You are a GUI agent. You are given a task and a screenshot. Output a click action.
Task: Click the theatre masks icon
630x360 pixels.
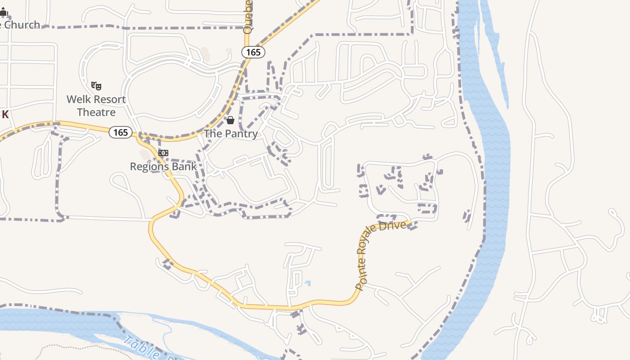click(x=96, y=85)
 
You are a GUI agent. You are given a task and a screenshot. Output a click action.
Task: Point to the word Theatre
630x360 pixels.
click(x=96, y=112)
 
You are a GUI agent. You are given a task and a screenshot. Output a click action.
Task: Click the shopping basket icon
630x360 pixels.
click(x=230, y=120)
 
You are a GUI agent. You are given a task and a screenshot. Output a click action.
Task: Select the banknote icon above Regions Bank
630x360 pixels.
click(x=163, y=153)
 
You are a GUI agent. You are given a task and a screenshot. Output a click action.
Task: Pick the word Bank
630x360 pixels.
click(x=185, y=166)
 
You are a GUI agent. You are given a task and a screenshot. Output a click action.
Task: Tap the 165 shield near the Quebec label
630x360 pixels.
click(x=253, y=52)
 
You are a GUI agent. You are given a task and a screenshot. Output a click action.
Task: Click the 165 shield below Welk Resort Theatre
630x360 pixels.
click(x=121, y=132)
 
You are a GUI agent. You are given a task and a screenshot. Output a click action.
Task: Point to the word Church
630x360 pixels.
click(x=22, y=25)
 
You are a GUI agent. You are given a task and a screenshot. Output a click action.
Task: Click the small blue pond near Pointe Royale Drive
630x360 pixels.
click(x=307, y=283)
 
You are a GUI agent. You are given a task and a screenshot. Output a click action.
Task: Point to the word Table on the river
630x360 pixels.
click(x=139, y=347)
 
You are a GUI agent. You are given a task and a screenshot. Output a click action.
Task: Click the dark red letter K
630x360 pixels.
click(x=5, y=115)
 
